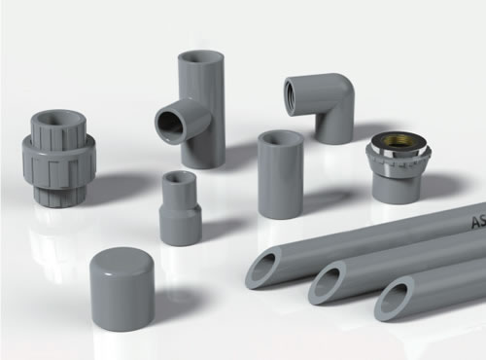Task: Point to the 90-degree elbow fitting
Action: (320, 106)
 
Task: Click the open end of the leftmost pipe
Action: (263, 269)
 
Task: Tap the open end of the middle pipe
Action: (327, 285)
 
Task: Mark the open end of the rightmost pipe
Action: (395, 302)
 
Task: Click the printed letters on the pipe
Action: (477, 222)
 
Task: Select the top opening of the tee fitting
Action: (200, 57)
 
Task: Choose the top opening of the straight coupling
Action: (280, 137)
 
